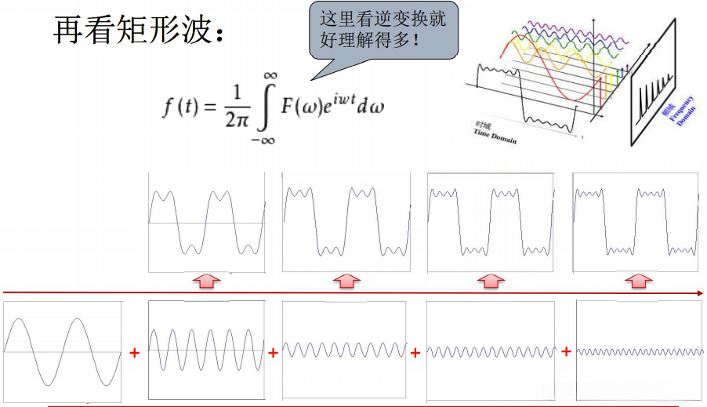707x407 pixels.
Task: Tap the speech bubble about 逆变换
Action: click(383, 31)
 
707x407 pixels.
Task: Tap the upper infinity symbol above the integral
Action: click(270, 74)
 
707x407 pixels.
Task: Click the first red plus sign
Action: click(134, 353)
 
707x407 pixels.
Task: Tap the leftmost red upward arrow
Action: click(205, 280)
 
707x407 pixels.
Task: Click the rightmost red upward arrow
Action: click(638, 280)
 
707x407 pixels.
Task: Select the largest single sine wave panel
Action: click(63, 350)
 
